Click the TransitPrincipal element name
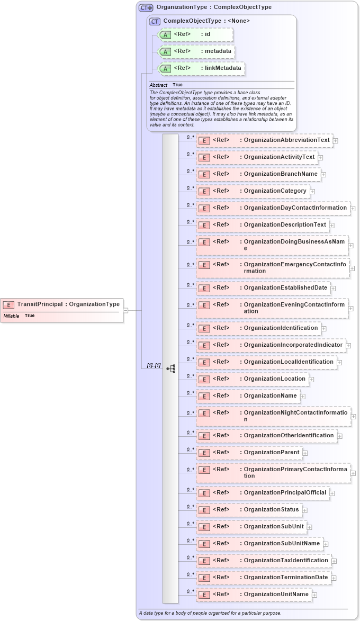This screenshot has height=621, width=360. click(x=40, y=304)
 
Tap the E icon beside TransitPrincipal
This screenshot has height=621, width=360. click(x=9, y=304)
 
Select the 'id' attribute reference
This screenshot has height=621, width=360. click(x=208, y=34)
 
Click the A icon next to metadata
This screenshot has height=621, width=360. click(x=165, y=51)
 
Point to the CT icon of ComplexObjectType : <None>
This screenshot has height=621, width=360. click(x=155, y=21)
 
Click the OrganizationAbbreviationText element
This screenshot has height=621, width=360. click(x=286, y=140)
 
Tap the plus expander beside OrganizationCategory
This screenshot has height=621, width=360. click(x=312, y=191)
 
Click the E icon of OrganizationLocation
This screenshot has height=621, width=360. click(x=204, y=379)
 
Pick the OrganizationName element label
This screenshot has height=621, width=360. click(x=270, y=395)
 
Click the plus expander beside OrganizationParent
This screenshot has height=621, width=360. click(x=305, y=453)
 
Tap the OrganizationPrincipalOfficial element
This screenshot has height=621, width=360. click(x=285, y=492)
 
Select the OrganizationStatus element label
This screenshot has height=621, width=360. click(x=271, y=509)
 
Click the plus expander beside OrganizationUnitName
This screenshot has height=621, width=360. click(x=314, y=595)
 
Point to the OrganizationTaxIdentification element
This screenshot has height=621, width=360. click(x=286, y=560)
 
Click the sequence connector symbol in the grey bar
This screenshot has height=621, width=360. click(x=170, y=368)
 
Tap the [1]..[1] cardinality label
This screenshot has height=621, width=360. click(x=154, y=365)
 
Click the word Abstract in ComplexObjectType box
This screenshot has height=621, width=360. click(x=158, y=85)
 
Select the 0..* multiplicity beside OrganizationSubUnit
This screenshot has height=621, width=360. click(x=191, y=524)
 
